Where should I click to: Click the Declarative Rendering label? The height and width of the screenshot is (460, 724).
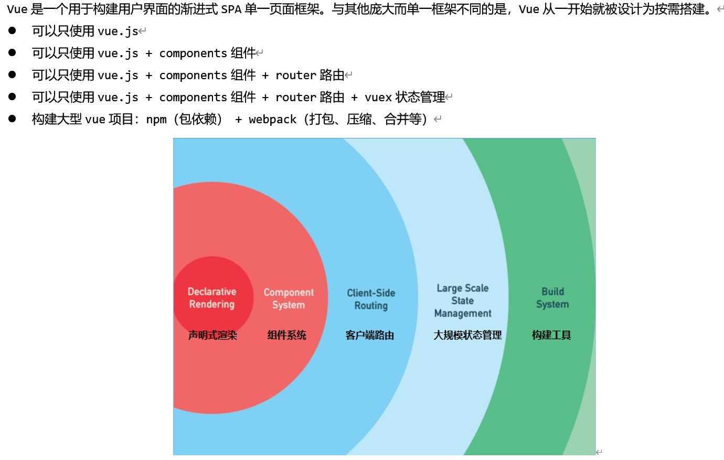pos(212,298)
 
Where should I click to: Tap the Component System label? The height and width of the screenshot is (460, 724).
pos(289,298)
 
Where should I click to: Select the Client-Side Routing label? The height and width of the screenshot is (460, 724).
pos(371,299)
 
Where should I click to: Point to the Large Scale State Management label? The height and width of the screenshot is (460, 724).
pos(463,301)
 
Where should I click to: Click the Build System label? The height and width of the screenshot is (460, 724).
pos(552,298)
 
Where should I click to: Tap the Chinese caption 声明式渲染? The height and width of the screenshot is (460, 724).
pos(212,335)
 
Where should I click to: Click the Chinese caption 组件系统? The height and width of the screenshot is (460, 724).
pos(286,335)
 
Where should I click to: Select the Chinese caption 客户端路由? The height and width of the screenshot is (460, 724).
pos(370,335)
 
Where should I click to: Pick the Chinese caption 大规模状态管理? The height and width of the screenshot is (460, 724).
pos(467,335)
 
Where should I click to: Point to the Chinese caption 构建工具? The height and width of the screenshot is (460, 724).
pos(551,335)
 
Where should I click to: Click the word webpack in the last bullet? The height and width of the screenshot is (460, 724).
pos(273,120)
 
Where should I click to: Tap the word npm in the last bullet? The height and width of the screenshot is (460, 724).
pos(156,120)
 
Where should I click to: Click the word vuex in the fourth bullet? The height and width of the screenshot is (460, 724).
pos(378,98)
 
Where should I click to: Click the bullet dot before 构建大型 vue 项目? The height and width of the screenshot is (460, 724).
pos(12,119)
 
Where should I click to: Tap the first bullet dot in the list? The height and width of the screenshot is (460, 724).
pos(12,30)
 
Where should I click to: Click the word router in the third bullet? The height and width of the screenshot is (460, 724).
pos(296,76)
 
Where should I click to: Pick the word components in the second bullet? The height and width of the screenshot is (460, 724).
pos(193,54)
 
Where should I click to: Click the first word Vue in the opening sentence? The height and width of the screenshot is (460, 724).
pos(17,9)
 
